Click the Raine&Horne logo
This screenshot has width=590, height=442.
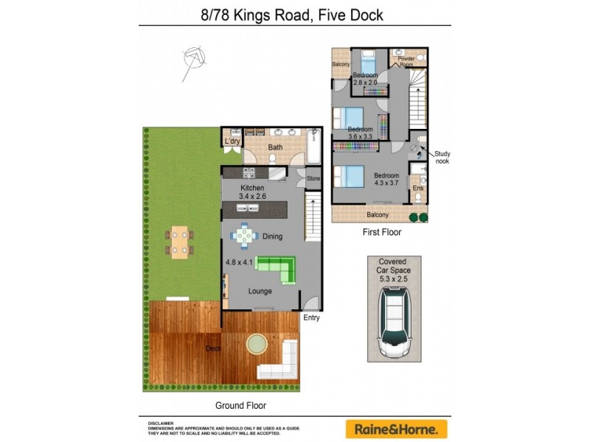pyautogui.click(x=397, y=429)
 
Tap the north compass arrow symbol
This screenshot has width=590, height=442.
pyautogui.click(x=193, y=58)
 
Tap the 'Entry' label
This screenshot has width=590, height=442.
pyautogui.click(x=312, y=318)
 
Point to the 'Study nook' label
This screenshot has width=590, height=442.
pyautogui.click(x=442, y=157)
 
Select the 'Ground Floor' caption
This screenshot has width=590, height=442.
pyautogui.click(x=240, y=405)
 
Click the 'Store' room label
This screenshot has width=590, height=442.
pyautogui.click(x=313, y=178)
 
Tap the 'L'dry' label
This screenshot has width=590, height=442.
pyautogui.click(x=232, y=141)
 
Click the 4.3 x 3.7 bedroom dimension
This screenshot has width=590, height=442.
pyautogui.click(x=386, y=183)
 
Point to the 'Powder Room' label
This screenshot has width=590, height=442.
pyautogui.click(x=406, y=60)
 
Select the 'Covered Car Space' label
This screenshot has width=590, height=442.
pyautogui.click(x=394, y=266)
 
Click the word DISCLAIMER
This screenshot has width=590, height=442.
pyautogui.click(x=161, y=423)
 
